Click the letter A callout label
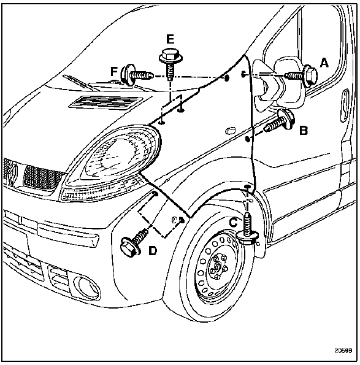(324, 63)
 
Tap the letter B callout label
(303, 130)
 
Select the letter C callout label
(233, 222)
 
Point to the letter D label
(153, 251)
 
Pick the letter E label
(170, 39)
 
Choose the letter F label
(114, 71)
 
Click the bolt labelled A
(301, 75)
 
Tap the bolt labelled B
(280, 121)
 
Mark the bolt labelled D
(133, 242)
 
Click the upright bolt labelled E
(170, 64)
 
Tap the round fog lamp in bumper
(87, 286)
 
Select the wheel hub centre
(217, 266)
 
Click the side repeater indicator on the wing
(231, 131)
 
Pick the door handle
(345, 106)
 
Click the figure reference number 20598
(343, 350)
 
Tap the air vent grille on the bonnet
(105, 102)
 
